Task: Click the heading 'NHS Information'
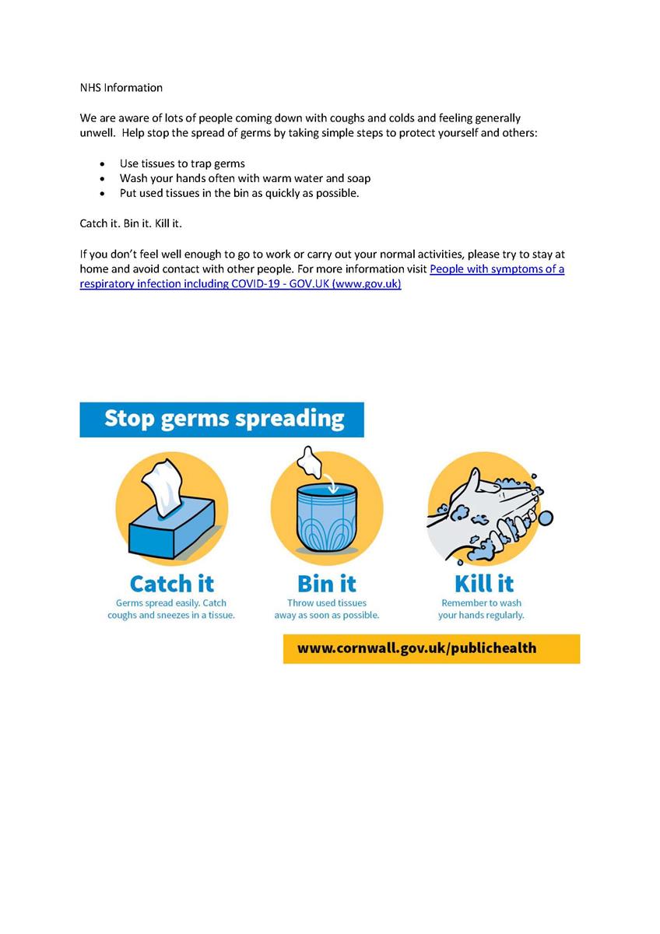click(121, 88)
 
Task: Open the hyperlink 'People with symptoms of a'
click(497, 269)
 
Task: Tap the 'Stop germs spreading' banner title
click(223, 419)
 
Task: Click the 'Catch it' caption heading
click(171, 583)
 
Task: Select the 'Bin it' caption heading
click(327, 583)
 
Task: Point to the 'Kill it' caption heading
click(483, 583)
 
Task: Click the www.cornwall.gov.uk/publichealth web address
click(416, 648)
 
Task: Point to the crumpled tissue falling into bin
click(310, 462)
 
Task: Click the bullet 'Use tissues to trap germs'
click(182, 163)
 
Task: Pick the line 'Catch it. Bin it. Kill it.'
click(131, 223)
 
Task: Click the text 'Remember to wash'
click(481, 602)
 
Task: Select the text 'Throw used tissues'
click(327, 602)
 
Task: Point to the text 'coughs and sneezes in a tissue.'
click(171, 615)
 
